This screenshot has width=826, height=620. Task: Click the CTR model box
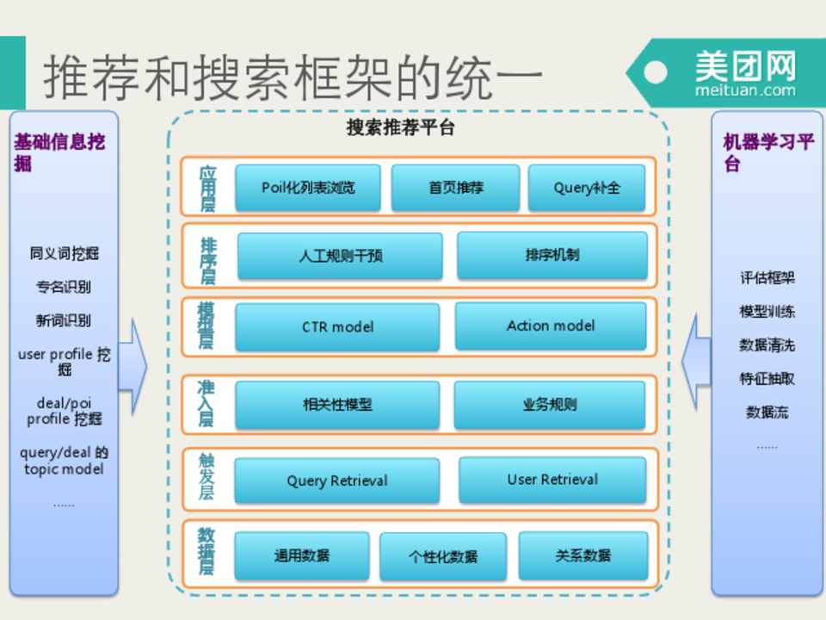pyautogui.click(x=337, y=327)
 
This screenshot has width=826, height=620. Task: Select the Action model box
pyautogui.click(x=551, y=325)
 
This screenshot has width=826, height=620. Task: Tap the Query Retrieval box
pyautogui.click(x=337, y=480)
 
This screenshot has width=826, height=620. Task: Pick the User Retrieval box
pyautogui.click(x=552, y=479)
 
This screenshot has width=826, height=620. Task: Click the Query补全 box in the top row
pyautogui.click(x=587, y=188)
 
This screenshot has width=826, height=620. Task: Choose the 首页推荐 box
pyautogui.click(x=456, y=188)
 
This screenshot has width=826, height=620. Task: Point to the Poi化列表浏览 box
pyautogui.click(x=308, y=188)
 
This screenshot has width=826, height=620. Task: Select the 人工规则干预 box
pyautogui.click(x=340, y=256)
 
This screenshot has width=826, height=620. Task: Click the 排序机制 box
pyautogui.click(x=552, y=255)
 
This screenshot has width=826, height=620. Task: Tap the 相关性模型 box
pyautogui.click(x=337, y=405)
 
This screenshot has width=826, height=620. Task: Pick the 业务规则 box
pyautogui.click(x=550, y=405)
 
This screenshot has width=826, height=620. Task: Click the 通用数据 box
pyautogui.click(x=301, y=555)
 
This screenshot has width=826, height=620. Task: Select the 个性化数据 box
pyautogui.click(x=442, y=556)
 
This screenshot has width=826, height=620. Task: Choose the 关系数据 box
pyautogui.click(x=583, y=555)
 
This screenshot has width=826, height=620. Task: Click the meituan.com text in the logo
pyautogui.click(x=745, y=90)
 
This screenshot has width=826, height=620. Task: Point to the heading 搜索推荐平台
pyautogui.click(x=400, y=128)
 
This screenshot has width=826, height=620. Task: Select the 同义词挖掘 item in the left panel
pyautogui.click(x=65, y=253)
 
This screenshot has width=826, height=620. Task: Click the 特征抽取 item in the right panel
pyautogui.click(x=767, y=379)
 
